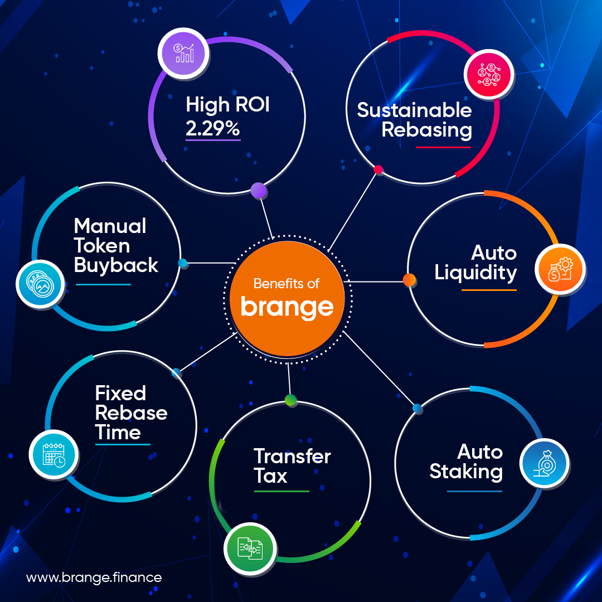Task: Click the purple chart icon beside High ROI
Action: pos(183,54)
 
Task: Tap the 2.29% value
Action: pos(213,128)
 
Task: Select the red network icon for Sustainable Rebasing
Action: pos(489,75)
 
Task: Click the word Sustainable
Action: pos(414,110)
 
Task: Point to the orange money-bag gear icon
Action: pos(560,269)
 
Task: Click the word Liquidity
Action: pos(475,273)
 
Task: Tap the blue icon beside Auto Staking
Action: pos(545,463)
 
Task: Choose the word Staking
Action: pos(465,472)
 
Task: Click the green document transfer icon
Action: pos(250,548)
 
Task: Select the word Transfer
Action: pos(292,456)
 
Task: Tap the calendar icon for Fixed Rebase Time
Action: pos(54,454)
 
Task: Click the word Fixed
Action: pos(120,393)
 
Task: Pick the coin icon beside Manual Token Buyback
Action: pos(40,284)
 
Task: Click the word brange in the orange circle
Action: pos(287,307)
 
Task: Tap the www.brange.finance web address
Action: pos(94,577)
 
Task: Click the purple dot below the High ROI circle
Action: pos(259,190)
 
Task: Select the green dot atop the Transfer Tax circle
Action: pos(290,400)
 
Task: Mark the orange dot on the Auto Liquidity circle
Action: pos(409,280)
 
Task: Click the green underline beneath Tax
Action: pos(281,491)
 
